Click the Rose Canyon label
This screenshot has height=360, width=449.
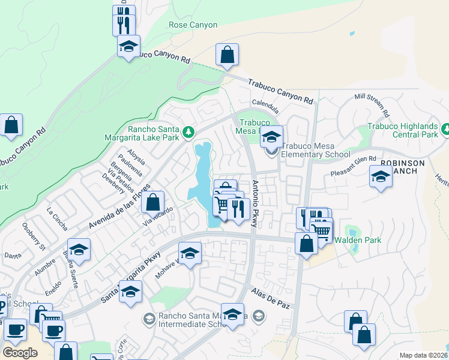point(193,25)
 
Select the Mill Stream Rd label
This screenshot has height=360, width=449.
point(372,104)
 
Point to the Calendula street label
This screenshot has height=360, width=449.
point(265,106)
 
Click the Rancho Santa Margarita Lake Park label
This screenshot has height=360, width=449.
point(154,134)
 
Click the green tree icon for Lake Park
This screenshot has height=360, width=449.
point(188,131)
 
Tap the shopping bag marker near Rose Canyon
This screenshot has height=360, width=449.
point(228,55)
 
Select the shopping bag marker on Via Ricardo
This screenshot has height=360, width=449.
point(153,202)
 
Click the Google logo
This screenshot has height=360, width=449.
point(20,353)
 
